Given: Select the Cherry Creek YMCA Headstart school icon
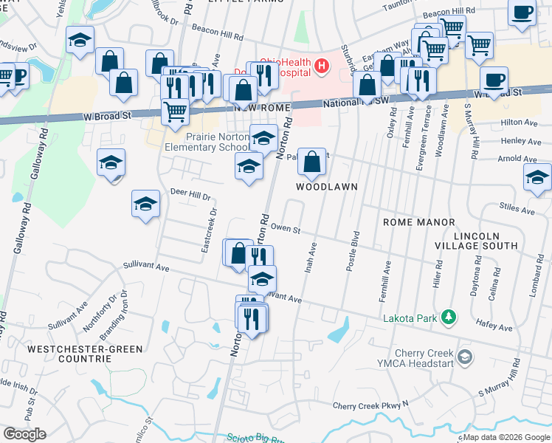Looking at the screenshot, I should point(464,357).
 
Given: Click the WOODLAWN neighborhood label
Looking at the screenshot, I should point(327,187).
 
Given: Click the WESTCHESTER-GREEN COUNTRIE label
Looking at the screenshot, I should point(69,353).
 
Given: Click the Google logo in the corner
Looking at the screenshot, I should point(24,434).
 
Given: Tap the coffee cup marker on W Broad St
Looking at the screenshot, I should point(494,78).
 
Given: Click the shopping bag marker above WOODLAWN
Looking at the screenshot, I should point(311,162).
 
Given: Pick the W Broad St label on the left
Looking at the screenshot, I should point(106,116).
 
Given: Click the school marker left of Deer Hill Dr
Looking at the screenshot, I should point(145,204).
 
